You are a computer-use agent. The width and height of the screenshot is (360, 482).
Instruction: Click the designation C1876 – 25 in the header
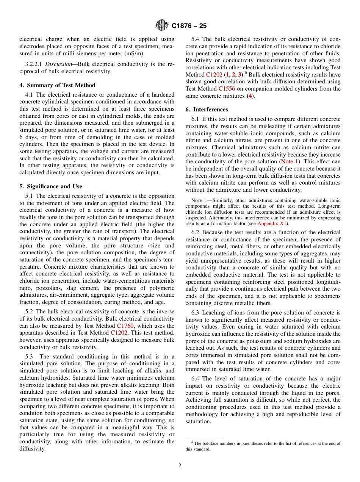click(189, 26)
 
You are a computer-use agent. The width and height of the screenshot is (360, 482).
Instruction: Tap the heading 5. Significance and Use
click(50, 186)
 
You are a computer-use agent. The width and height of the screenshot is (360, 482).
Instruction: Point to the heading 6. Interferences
click(207, 110)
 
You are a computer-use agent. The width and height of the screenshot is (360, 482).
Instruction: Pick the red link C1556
click(227, 89)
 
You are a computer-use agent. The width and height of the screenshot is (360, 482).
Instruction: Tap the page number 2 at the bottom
click(180, 466)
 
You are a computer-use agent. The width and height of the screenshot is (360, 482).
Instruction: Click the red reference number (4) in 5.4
click(250, 96)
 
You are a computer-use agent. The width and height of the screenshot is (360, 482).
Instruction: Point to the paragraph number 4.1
click(30, 94)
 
